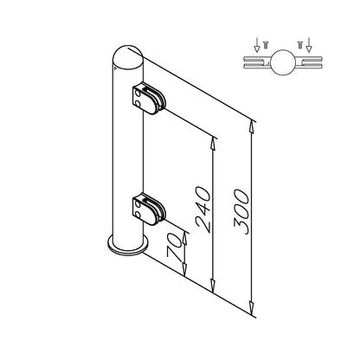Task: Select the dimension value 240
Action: click(x=202, y=209)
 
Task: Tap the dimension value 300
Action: click(x=241, y=211)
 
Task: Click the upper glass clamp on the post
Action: click(x=149, y=99)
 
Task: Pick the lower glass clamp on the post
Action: click(x=149, y=209)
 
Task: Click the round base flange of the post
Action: click(x=128, y=245)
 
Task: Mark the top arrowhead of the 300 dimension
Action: click(x=252, y=126)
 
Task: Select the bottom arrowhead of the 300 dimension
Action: click(x=252, y=308)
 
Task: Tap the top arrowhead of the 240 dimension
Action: click(x=214, y=143)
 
